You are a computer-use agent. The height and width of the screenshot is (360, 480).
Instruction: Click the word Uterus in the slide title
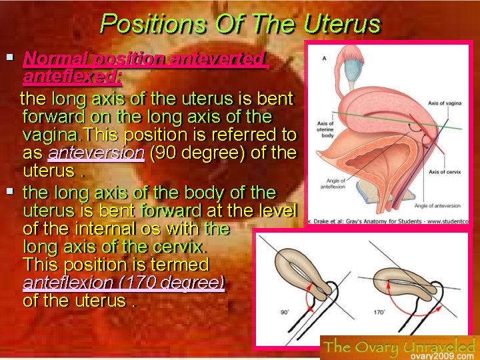(342, 25)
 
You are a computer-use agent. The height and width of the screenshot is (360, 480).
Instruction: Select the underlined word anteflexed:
(72, 76)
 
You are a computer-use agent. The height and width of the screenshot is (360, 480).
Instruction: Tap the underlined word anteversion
(96, 152)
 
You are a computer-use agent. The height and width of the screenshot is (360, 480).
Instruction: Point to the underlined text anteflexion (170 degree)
(123, 282)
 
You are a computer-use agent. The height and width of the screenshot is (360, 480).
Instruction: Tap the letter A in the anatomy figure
(324, 58)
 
